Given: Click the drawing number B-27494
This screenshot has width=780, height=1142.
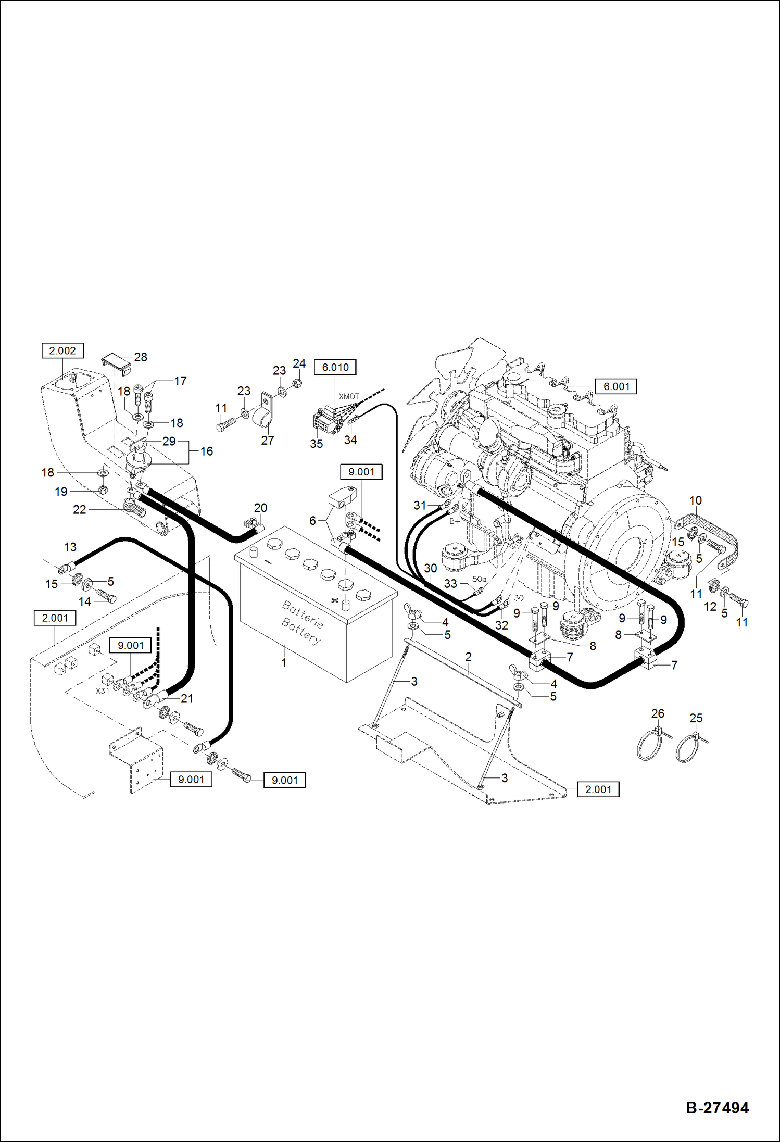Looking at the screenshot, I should click(x=717, y=1108).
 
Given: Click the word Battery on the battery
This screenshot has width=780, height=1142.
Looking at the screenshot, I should click(x=301, y=630).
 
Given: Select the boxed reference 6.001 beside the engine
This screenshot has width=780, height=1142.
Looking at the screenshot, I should click(x=616, y=386).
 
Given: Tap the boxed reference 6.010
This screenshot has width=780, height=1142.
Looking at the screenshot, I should click(x=335, y=367).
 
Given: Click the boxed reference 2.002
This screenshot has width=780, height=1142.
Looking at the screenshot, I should click(x=62, y=350).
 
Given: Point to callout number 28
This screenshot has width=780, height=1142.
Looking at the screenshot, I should click(x=141, y=357).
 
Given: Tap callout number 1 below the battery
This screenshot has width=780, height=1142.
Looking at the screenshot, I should click(x=284, y=663).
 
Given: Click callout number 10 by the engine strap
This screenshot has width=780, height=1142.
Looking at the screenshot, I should click(x=695, y=500).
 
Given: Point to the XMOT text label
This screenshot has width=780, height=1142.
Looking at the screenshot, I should click(x=349, y=396).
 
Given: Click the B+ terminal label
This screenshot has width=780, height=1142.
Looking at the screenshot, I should click(x=455, y=521).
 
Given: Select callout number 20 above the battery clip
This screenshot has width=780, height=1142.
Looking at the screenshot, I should click(x=260, y=508).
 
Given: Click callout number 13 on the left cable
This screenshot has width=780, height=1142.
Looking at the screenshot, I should click(x=70, y=547).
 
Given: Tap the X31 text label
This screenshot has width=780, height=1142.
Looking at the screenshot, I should click(x=103, y=691).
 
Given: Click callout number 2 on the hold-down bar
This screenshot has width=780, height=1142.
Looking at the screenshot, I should click(x=468, y=657).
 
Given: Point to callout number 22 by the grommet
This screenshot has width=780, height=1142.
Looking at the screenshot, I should click(x=79, y=509).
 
